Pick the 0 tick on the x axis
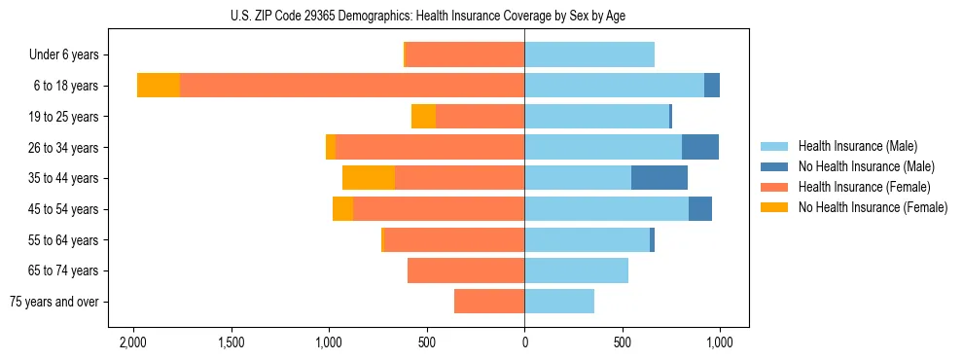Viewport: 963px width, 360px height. tap(524, 342)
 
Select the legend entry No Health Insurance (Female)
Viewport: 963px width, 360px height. tap(873, 207)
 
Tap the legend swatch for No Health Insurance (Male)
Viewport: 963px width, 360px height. tap(775, 166)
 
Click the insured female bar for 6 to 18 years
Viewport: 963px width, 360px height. tap(352, 86)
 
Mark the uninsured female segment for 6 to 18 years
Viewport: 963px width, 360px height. tap(159, 86)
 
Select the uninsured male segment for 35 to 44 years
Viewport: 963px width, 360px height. tap(660, 178)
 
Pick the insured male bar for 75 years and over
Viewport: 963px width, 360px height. tap(559, 302)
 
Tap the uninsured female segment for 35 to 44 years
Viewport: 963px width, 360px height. tap(369, 178)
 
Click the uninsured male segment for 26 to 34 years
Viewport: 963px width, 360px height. tap(700, 147)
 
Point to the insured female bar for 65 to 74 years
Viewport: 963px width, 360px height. tap(466, 270)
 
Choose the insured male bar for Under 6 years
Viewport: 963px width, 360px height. tap(589, 55)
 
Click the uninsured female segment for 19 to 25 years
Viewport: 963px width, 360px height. tap(423, 117)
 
